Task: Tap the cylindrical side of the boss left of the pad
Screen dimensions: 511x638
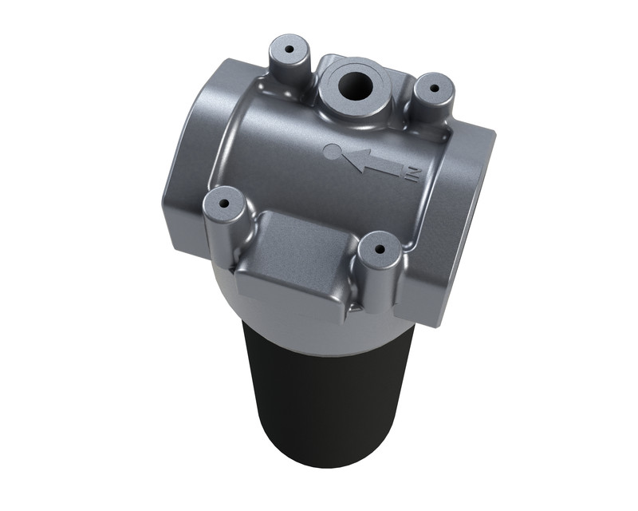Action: [x=221, y=232]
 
